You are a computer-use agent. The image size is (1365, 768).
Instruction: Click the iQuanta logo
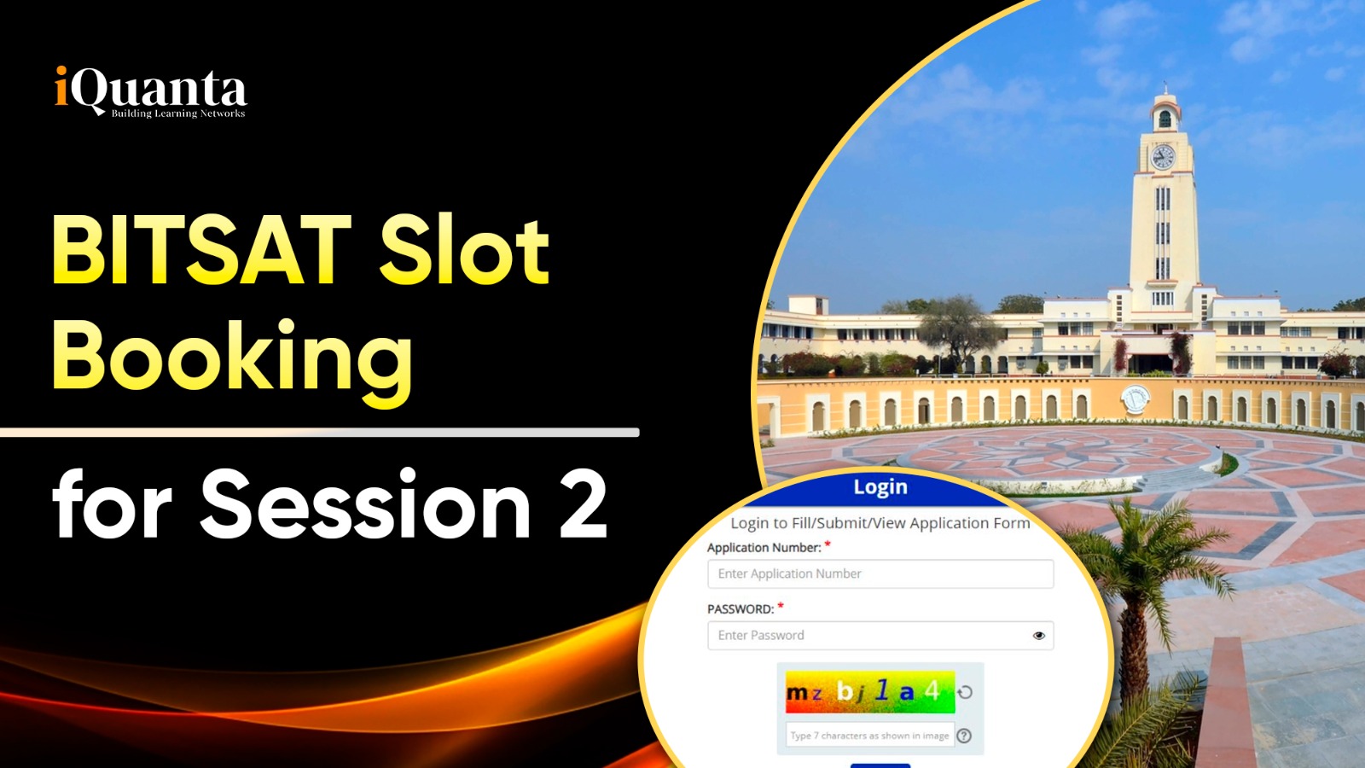150,91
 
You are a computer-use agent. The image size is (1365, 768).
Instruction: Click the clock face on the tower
1163,157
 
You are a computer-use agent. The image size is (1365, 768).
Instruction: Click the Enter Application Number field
880,573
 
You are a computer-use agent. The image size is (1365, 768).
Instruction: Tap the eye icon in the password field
1039,636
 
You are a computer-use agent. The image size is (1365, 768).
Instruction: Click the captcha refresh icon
965,692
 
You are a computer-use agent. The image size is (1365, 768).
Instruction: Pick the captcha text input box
869,735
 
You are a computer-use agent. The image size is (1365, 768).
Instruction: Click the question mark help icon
964,736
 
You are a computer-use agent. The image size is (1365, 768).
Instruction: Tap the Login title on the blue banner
880,487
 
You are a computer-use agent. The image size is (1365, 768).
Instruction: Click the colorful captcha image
869,692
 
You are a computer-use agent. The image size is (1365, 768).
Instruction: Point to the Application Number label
764,547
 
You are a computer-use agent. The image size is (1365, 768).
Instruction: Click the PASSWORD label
741,609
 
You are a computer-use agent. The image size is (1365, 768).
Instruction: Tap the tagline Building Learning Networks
178,113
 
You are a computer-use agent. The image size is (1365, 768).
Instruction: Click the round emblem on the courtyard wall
1135,399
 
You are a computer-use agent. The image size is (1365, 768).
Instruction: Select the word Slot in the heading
464,250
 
